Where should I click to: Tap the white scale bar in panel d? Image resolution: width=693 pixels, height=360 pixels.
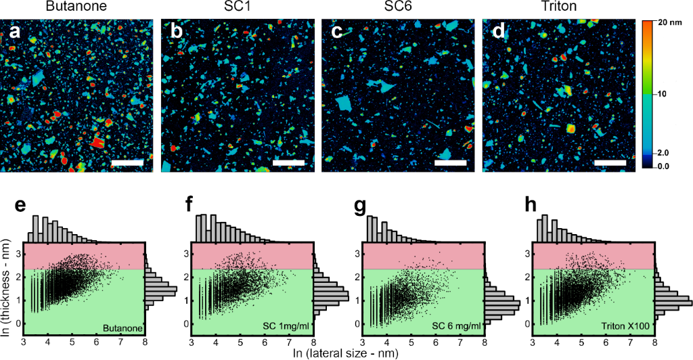(608, 162)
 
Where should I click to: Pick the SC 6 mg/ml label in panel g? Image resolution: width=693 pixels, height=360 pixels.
(456, 327)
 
